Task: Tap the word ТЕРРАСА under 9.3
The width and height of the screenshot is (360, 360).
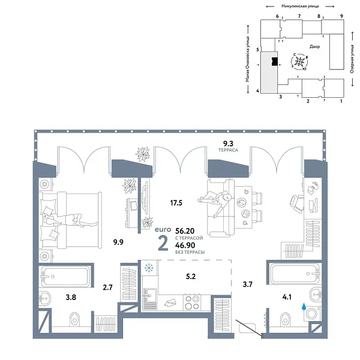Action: tap(229, 151)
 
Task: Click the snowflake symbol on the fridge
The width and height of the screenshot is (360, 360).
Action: tap(148, 268)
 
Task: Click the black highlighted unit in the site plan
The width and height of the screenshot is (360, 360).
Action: tap(274, 61)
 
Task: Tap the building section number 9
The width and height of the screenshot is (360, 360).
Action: tap(341, 16)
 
